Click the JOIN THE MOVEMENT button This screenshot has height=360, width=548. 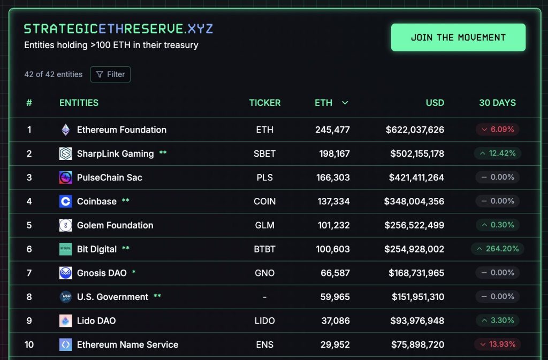pos(458,37)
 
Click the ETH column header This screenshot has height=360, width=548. pos(324,103)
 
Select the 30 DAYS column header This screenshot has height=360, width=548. pos(497,103)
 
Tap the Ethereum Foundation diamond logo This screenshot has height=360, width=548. pos(65,129)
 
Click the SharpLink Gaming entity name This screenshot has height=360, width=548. pos(115,154)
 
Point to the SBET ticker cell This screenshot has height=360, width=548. pos(264,154)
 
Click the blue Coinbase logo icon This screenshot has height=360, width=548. pos(65,201)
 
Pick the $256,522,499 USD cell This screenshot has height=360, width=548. pos(414,225)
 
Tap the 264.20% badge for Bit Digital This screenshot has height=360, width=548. pos(497,249)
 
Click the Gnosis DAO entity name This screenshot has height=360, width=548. pos(102,273)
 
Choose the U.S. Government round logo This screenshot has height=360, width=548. pos(65,297)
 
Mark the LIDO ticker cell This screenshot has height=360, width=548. pos(264,320)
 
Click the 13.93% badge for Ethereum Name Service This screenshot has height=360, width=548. pos(497,344)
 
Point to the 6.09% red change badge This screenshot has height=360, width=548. pos(497,129)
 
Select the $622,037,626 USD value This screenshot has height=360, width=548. pos(415,129)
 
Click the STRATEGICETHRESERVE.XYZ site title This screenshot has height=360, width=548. pos(118,29)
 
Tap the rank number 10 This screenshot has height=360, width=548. pos(29,344)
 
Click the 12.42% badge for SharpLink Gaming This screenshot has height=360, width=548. pos(497,154)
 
